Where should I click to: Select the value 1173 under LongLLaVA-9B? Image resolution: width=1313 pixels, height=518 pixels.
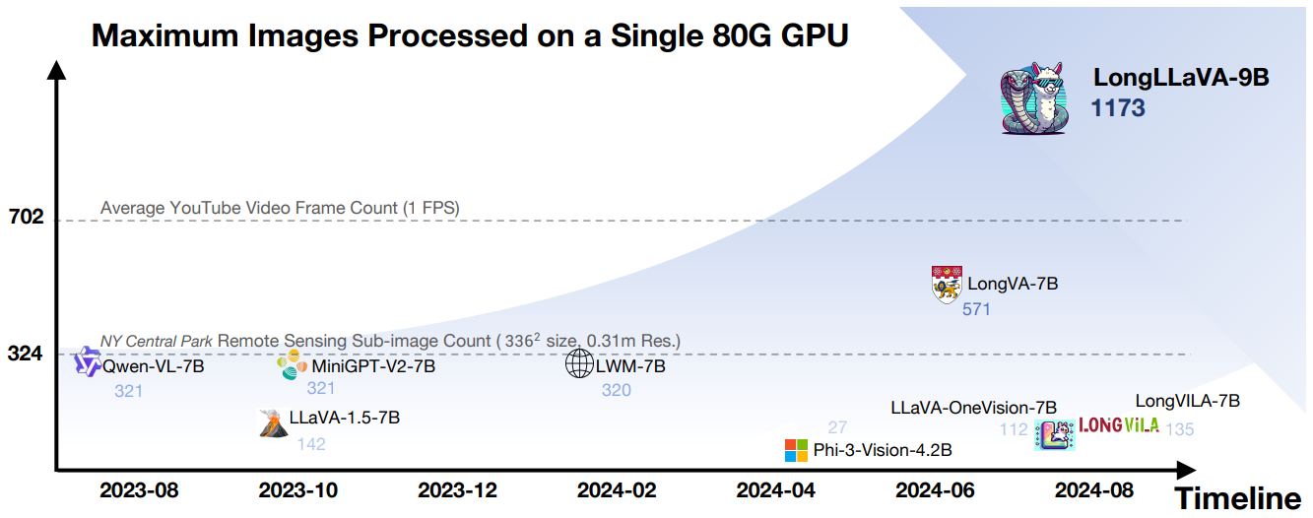1118,107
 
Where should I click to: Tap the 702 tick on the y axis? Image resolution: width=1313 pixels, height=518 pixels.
26,217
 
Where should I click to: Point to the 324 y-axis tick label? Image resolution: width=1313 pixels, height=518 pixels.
26,352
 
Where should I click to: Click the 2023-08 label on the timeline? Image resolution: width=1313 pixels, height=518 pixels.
139,489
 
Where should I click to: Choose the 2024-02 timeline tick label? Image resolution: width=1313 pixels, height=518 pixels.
617,489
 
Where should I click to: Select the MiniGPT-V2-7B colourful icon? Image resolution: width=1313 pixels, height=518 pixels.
293,365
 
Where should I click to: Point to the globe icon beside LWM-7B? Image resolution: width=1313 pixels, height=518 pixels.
579,364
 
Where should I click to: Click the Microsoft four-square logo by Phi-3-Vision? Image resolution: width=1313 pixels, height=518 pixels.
796,451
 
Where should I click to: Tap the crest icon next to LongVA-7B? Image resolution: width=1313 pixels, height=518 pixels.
946,284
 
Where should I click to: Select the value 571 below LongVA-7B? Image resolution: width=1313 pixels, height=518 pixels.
976,309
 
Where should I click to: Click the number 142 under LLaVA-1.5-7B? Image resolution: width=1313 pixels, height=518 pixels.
311,444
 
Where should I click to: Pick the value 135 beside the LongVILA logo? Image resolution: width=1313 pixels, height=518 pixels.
1179,429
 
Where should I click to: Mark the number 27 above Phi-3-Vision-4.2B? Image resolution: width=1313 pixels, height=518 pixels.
837,426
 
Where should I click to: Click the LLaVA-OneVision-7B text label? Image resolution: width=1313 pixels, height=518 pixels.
973,407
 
